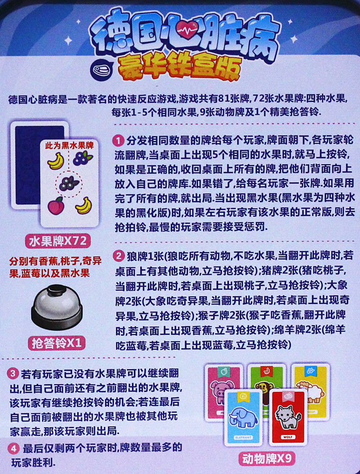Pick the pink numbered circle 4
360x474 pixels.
(13, 449)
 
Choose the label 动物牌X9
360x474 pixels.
(266, 459)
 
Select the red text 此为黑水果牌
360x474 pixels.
(70, 144)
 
